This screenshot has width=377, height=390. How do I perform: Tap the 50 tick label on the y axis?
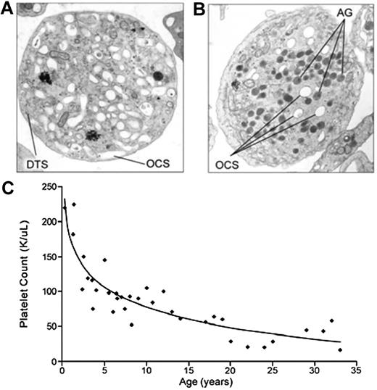(x=49, y=326)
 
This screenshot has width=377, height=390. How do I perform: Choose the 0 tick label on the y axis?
(x=52, y=361)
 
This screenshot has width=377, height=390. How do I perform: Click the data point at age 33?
(x=339, y=350)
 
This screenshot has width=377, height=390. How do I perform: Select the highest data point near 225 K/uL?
(x=73, y=204)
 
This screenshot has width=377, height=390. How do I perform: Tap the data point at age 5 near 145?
(x=104, y=260)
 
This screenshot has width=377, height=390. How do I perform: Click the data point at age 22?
(x=247, y=347)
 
